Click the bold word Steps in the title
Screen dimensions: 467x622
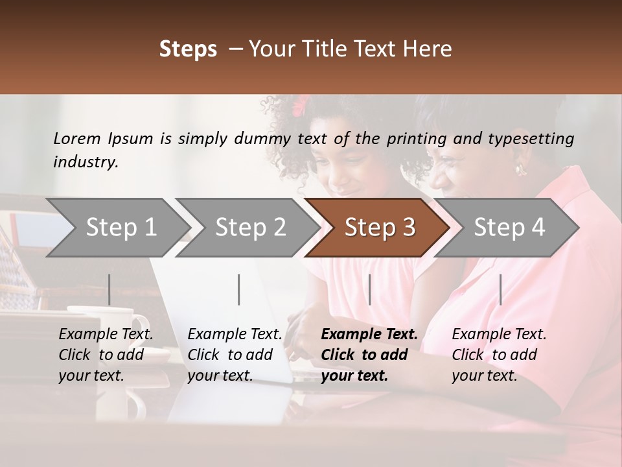coord(188,49)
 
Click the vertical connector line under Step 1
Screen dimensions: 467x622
coord(109,289)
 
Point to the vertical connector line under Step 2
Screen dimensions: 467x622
coord(239,289)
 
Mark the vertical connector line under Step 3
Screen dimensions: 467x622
coord(369,289)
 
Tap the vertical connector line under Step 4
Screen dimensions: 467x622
coord(500,289)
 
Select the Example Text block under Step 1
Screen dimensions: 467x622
coord(106,355)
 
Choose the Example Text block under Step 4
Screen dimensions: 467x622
coord(499,355)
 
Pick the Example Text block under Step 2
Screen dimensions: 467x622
coord(235,355)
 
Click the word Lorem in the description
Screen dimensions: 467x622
coord(77,138)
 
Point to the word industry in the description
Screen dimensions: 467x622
coord(86,162)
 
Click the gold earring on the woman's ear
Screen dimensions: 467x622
coord(520,170)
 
